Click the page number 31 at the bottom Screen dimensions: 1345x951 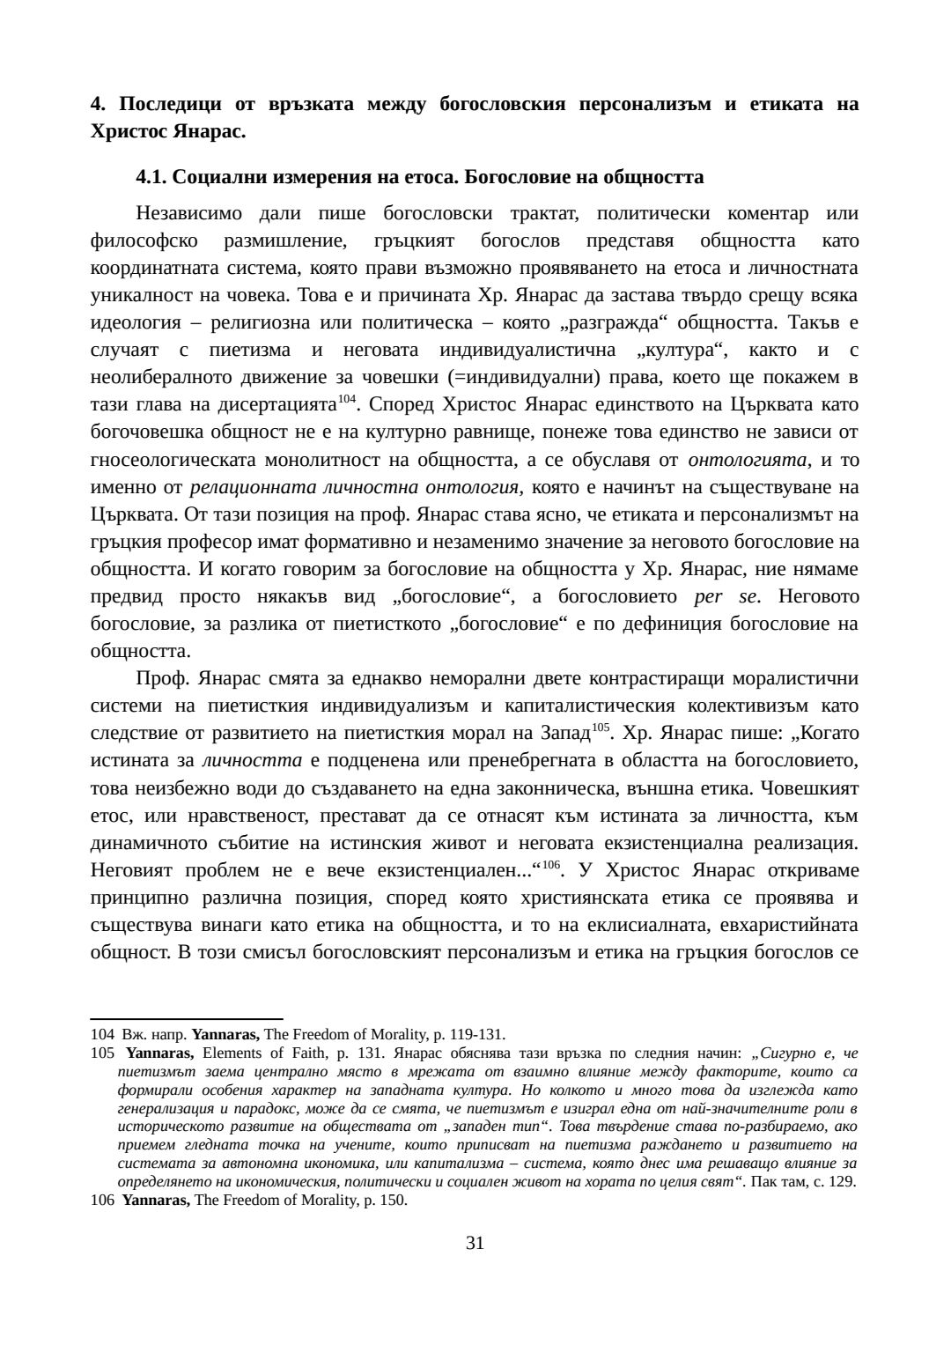click(475, 1243)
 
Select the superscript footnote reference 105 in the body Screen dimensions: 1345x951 click(601, 728)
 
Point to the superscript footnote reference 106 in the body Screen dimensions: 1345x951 click(550, 865)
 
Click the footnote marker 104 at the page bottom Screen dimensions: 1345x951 click(102, 1034)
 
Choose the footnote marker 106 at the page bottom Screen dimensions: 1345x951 click(102, 1200)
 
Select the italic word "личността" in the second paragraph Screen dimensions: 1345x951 click(252, 760)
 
